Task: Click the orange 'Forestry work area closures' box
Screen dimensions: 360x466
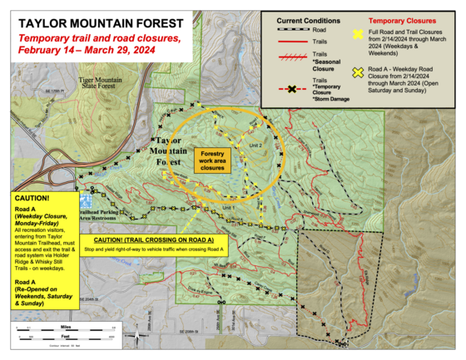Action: point(213,160)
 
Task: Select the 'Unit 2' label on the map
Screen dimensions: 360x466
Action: point(255,144)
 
